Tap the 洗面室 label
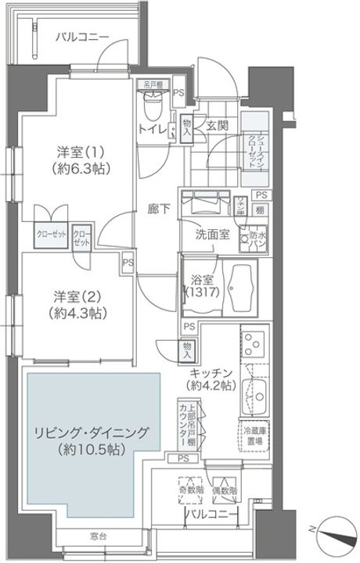click(212, 234)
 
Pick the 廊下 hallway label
click(160, 210)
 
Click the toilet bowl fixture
click(153, 103)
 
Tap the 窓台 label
click(97, 536)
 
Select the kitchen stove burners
click(254, 343)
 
